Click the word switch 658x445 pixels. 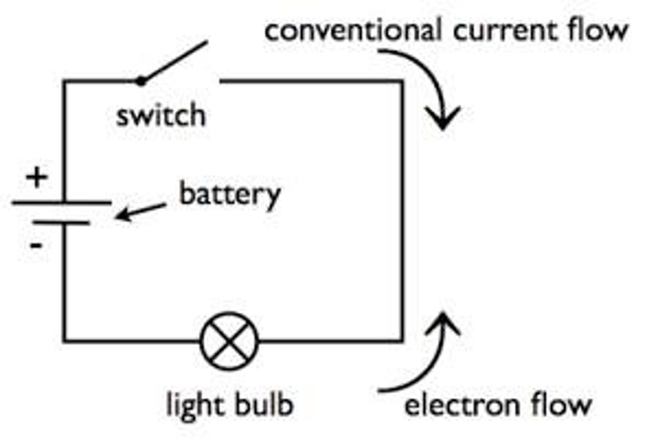[161, 115]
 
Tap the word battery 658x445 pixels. [230, 196]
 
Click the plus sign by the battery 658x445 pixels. [37, 177]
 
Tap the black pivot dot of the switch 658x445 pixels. [141, 81]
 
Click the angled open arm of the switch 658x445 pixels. [174, 61]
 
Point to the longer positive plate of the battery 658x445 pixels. [62, 202]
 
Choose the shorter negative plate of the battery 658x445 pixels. [61, 223]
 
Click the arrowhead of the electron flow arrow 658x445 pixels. [443, 323]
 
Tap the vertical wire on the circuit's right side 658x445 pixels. [402, 211]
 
